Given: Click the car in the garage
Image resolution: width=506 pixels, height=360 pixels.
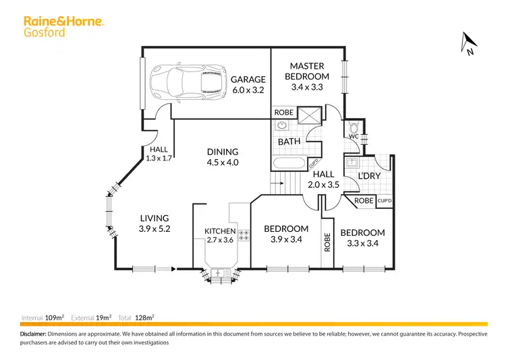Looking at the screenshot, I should point(185,84).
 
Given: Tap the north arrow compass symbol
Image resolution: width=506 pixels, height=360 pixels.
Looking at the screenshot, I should point(467,43).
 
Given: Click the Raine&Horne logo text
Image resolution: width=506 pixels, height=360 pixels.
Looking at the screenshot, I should point(64,21).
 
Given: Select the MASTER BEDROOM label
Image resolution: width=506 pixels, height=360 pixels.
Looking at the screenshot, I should point(307,71).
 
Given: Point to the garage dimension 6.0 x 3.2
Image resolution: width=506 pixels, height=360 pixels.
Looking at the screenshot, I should point(248,90).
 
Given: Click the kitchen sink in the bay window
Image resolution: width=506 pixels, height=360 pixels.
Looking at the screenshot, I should point(220,272).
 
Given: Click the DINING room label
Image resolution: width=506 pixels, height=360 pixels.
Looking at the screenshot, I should point(223,152).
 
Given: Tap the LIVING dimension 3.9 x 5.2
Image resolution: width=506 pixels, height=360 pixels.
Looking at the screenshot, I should point(154,229).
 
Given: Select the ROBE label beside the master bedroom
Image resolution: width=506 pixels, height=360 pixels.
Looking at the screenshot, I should point(283,113).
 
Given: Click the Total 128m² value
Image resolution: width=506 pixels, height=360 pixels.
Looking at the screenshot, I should point(146,317).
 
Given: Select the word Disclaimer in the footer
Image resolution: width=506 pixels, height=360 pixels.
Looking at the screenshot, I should point(32,334).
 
